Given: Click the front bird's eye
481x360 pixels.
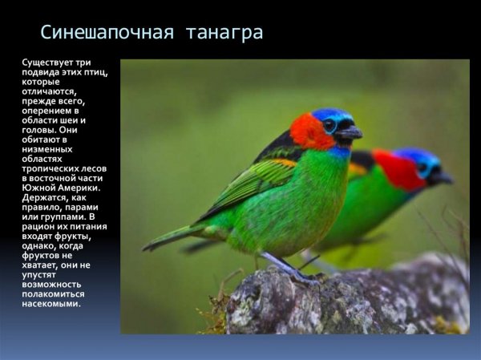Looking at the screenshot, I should tap(330, 125).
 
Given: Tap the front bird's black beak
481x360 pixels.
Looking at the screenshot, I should tap(350, 132).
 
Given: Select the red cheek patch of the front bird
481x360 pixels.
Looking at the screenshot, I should tap(309, 132).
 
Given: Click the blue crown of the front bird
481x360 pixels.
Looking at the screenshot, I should tap(329, 115).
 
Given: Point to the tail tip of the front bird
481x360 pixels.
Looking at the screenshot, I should tap(149, 245).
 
